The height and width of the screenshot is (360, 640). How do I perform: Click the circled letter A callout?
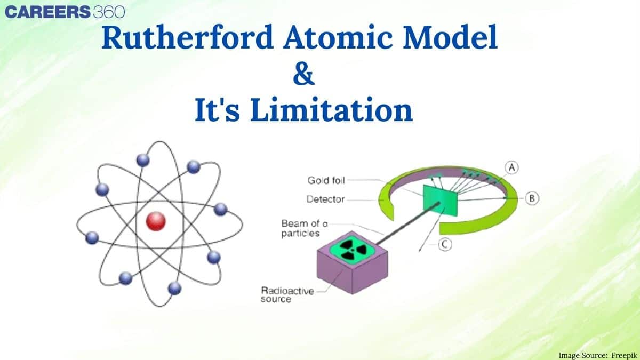[x=511, y=167]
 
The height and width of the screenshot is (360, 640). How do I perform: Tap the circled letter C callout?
[x=445, y=244]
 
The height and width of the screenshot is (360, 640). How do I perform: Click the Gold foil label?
[x=326, y=181]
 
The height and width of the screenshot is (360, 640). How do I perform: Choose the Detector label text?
[x=325, y=199]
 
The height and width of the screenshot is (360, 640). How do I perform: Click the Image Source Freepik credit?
[x=597, y=354]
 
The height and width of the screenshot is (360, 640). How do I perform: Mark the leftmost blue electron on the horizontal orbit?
[x=92, y=237]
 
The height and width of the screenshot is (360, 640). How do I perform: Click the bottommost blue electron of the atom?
[x=174, y=289]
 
